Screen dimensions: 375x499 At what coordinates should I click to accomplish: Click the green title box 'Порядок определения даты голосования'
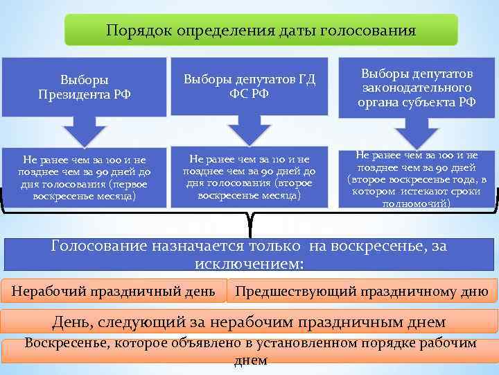point(261,31)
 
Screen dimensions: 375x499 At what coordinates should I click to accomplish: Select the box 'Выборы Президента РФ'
point(84,87)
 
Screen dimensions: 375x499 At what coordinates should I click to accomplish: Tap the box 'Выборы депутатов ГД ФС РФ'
point(249,87)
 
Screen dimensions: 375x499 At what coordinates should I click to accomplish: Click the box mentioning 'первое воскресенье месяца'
point(84,177)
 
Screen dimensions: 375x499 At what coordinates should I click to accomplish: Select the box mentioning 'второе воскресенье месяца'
point(249,177)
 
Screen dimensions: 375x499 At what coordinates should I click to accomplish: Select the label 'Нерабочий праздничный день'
point(114,290)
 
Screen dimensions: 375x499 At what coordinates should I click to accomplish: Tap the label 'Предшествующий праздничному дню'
point(362,290)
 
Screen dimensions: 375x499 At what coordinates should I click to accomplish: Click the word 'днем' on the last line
point(250,360)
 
